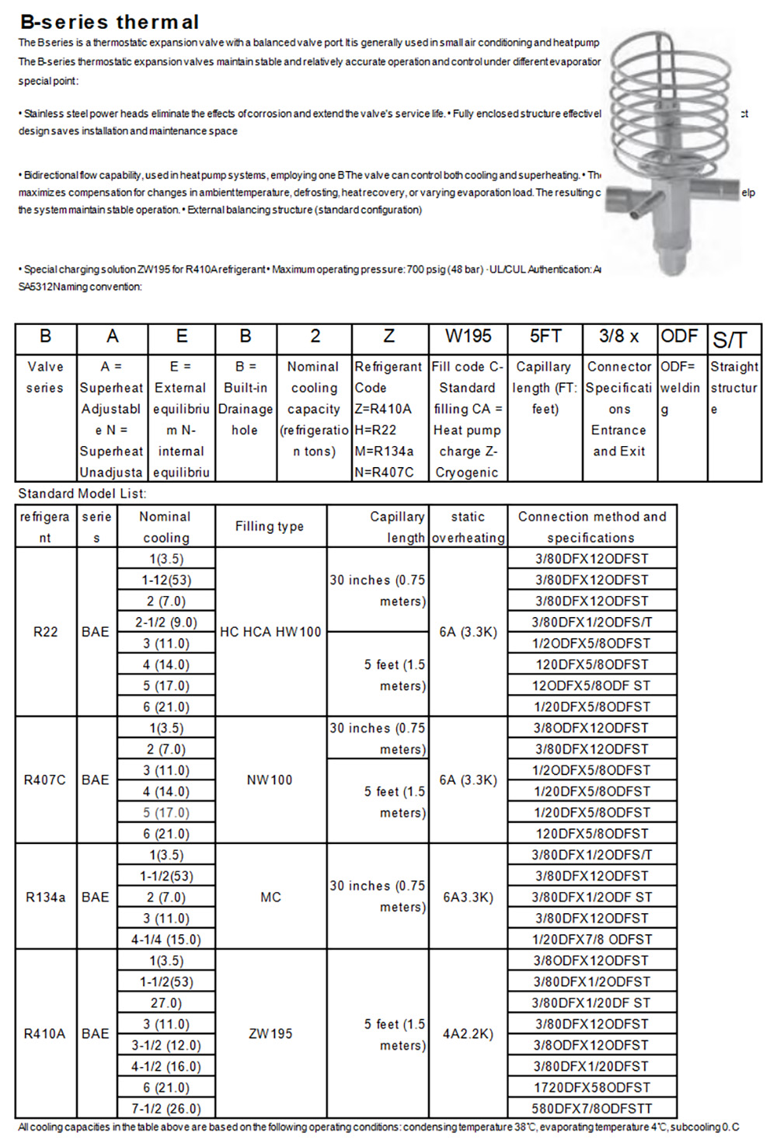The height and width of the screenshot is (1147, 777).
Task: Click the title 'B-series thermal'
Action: click(110, 22)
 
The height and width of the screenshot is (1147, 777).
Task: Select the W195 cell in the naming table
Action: click(468, 336)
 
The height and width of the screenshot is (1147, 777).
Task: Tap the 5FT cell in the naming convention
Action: click(545, 336)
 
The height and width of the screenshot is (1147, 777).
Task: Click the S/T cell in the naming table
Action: click(730, 339)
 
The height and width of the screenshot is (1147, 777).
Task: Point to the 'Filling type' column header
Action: click(270, 527)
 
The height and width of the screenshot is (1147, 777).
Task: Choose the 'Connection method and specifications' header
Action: click(592, 527)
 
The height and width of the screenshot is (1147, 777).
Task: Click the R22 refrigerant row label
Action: click(46, 632)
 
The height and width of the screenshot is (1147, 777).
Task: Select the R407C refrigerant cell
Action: click(45, 779)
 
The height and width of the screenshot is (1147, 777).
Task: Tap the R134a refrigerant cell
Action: click(46, 897)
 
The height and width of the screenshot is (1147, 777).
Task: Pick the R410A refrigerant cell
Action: click(45, 1034)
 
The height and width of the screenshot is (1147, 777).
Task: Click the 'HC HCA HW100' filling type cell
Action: click(270, 632)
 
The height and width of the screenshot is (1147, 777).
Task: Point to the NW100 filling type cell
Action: click(270, 779)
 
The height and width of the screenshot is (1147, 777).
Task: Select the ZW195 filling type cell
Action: click(270, 1034)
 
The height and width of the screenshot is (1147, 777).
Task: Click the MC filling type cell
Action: click(270, 897)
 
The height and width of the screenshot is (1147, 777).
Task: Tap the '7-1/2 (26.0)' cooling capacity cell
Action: click(166, 1108)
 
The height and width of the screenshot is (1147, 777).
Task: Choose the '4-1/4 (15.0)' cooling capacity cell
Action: click(166, 939)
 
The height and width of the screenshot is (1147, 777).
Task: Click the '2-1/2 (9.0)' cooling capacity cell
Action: click(166, 622)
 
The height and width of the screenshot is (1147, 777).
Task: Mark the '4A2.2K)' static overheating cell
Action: click(468, 1034)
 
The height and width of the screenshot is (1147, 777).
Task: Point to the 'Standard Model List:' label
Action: click(82, 493)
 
